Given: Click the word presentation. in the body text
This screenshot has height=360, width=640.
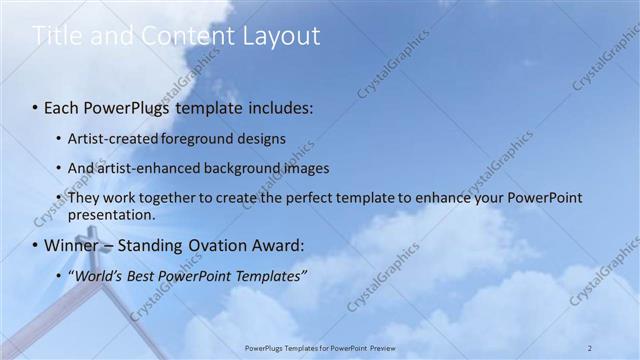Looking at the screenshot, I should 111,214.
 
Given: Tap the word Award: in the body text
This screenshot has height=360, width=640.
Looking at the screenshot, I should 273,245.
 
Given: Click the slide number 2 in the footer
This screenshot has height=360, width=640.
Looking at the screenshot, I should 590,347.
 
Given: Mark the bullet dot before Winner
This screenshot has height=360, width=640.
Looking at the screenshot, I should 37,245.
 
